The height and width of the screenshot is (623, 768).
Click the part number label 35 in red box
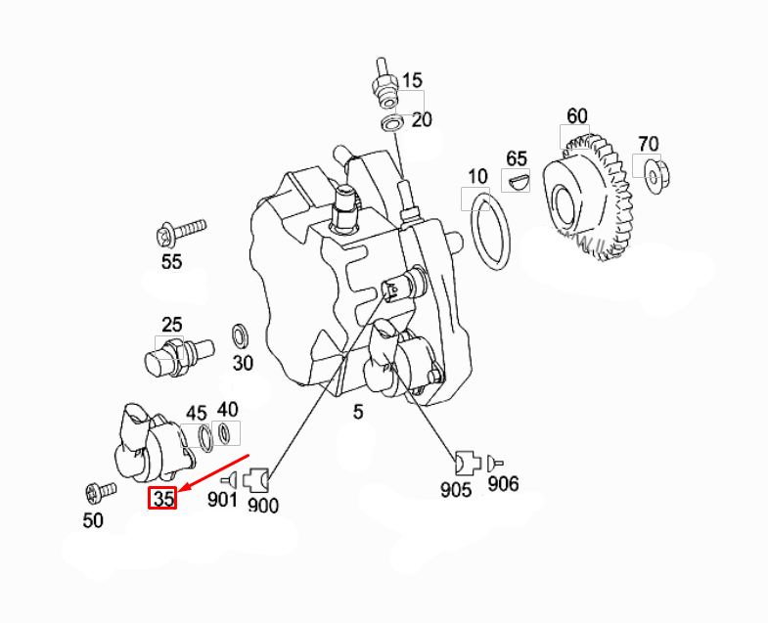161,499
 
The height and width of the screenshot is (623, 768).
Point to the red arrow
215,473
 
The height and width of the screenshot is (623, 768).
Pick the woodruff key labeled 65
517,181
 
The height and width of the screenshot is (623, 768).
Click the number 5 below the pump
358,412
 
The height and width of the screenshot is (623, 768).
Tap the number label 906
503,483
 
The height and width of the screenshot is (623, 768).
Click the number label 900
263,505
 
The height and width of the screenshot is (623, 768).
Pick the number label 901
222,500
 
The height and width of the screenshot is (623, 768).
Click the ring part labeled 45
204,434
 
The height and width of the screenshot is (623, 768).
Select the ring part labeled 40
226,432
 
